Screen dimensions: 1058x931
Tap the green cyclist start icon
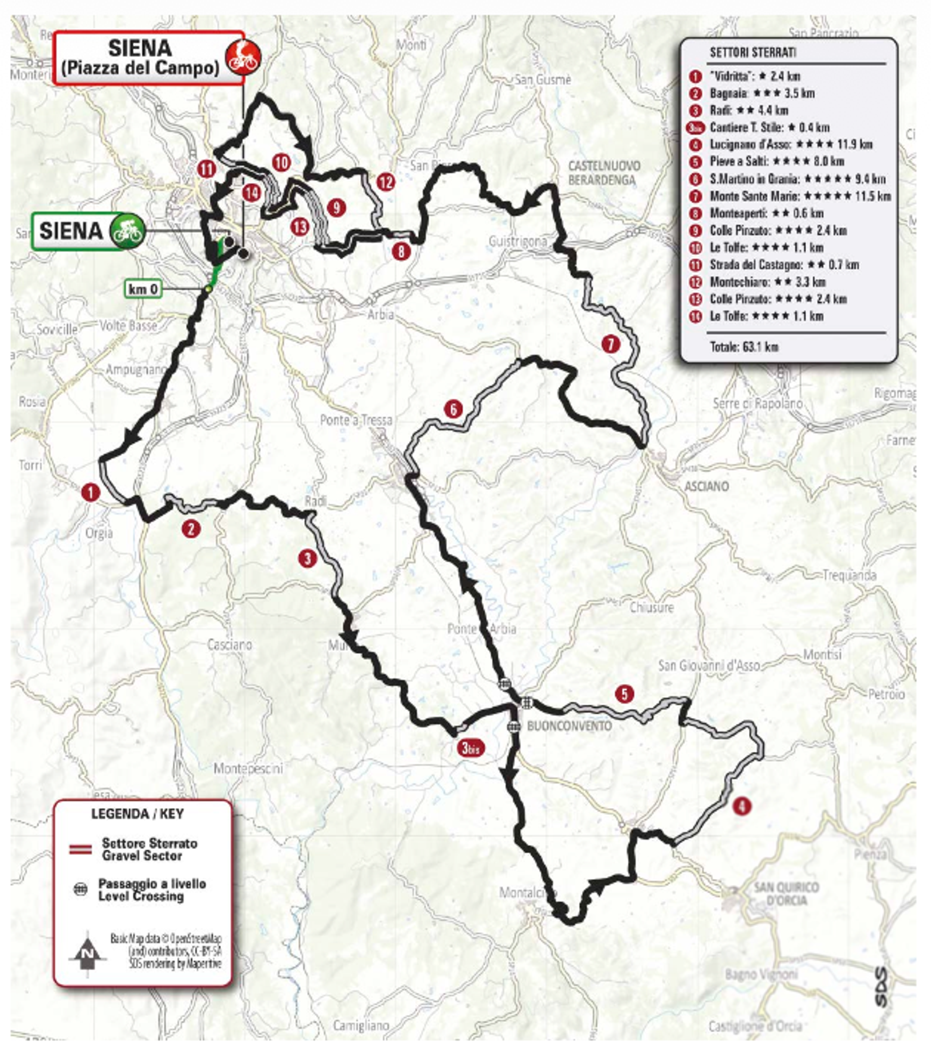point(127,231)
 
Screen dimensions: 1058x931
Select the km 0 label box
point(143,289)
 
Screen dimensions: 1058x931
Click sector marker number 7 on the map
point(610,344)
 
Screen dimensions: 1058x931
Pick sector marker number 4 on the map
point(741,806)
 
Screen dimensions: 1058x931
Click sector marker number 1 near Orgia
point(91,492)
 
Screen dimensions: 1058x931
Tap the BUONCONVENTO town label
point(569,726)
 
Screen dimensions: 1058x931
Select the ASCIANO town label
point(706,486)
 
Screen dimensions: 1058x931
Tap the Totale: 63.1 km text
point(744,347)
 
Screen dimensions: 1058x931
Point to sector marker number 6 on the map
point(453,409)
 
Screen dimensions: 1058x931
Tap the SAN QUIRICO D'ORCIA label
point(786,894)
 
